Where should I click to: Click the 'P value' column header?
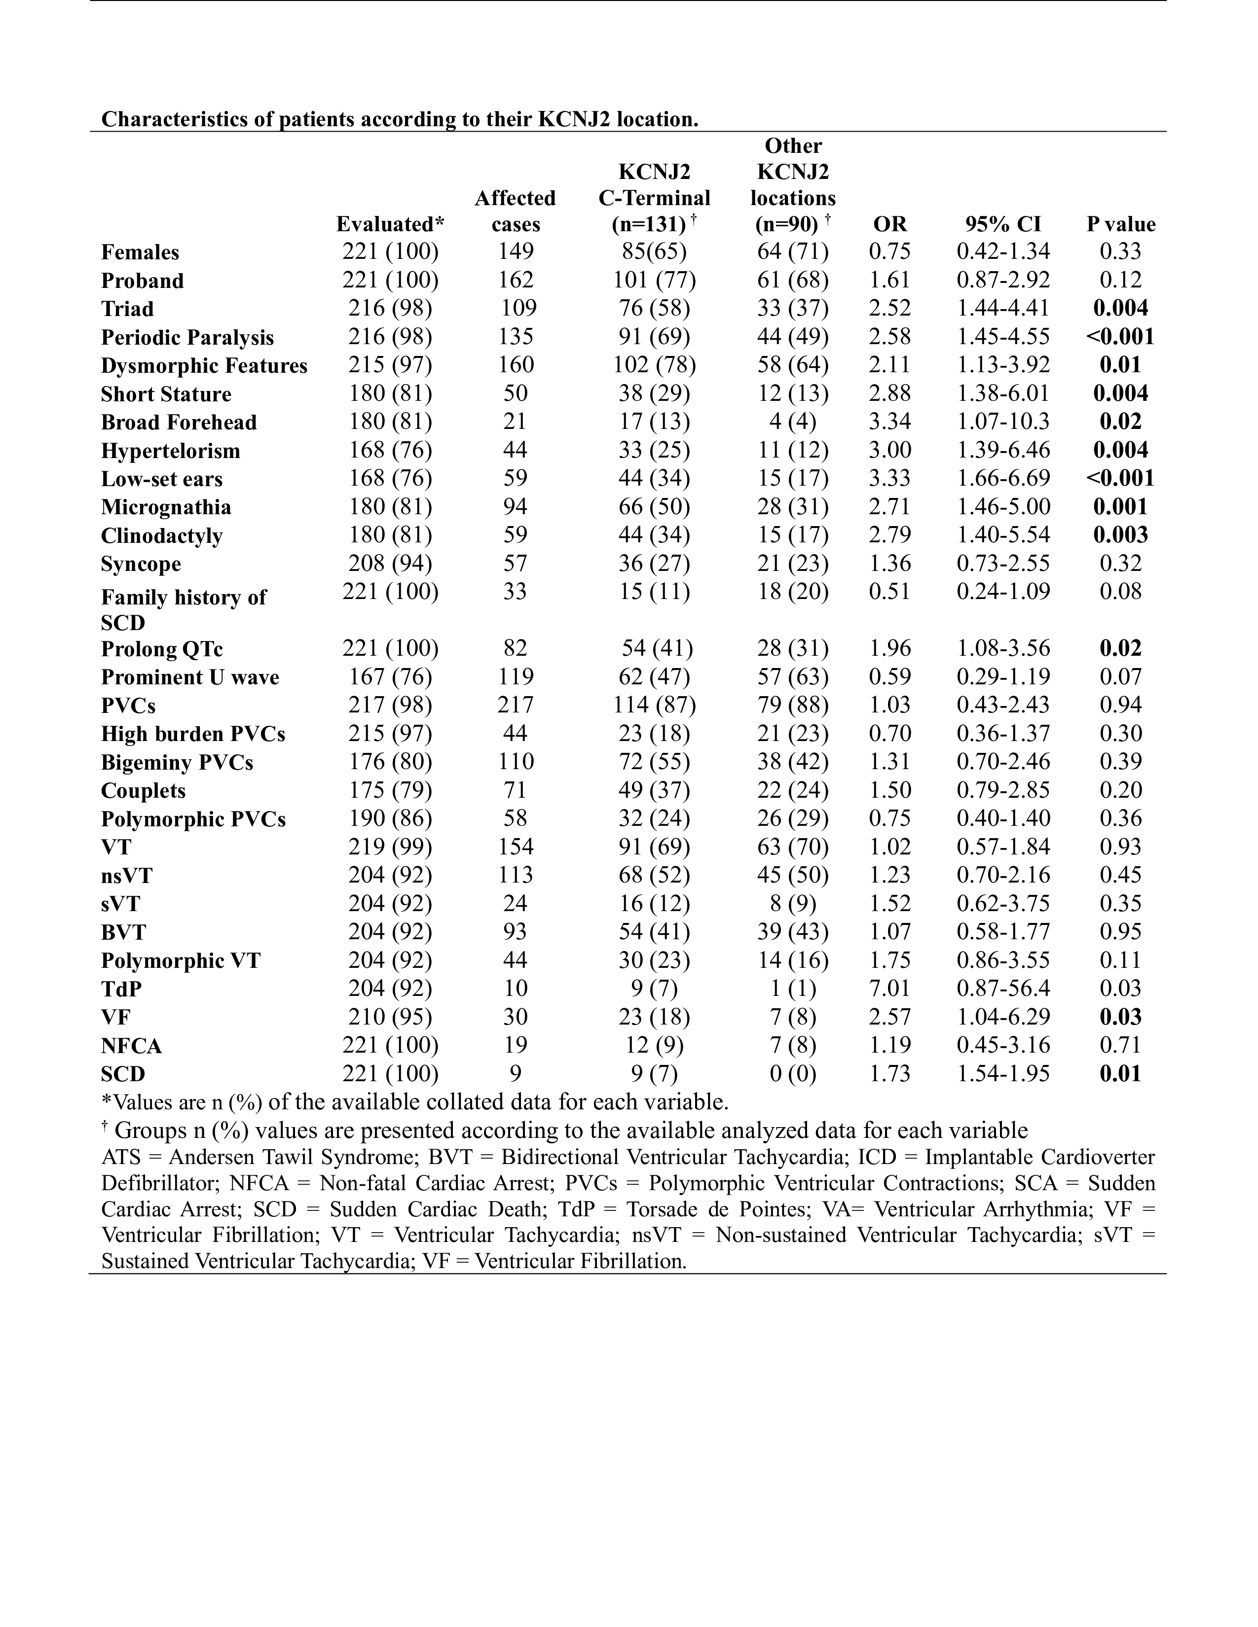click(x=1120, y=224)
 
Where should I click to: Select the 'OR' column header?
click(x=890, y=224)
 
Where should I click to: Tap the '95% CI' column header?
click(x=1003, y=224)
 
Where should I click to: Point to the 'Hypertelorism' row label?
click(x=171, y=451)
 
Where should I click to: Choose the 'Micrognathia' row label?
click(x=166, y=507)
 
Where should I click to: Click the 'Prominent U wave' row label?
click(x=190, y=677)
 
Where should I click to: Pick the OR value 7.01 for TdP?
click(x=890, y=989)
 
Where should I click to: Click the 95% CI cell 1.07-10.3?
click(x=1003, y=422)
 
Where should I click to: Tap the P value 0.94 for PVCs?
click(x=1120, y=705)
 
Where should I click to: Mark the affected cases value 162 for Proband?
click(x=516, y=280)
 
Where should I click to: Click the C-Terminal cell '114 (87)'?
click(x=654, y=705)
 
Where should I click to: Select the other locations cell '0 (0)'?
click(x=792, y=1073)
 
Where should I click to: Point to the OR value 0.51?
click(x=890, y=592)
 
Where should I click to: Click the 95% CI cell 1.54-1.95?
click(x=1003, y=1073)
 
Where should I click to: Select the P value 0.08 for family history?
click(x=1120, y=592)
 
